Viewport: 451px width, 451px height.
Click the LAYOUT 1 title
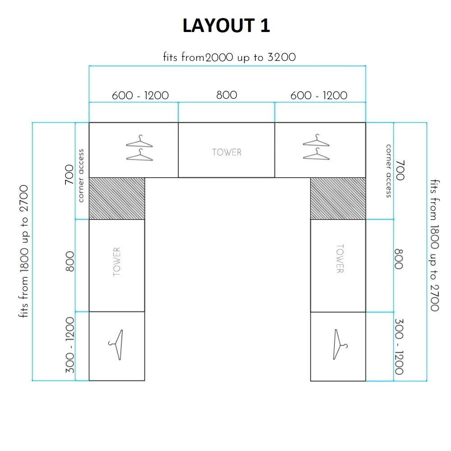[x=226, y=26]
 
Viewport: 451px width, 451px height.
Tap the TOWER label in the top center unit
[x=227, y=152]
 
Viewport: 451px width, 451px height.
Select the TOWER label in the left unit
[x=117, y=262]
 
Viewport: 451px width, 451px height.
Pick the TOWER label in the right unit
[x=340, y=259]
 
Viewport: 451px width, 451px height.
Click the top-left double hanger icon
[x=139, y=148]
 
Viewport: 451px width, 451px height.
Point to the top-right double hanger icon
[x=316, y=147]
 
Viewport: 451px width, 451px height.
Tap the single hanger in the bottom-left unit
[x=116, y=345]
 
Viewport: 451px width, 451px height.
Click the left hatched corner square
[x=117, y=198]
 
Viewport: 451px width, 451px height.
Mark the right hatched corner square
[x=338, y=198]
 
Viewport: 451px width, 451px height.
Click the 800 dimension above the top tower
[x=226, y=95]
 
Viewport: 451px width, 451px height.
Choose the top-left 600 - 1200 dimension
[x=140, y=96]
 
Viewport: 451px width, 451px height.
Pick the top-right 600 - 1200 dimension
[x=319, y=96]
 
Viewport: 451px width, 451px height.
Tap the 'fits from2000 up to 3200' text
[x=229, y=58]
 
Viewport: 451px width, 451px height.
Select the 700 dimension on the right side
[x=400, y=170]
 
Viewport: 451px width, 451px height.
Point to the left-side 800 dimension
[x=70, y=262]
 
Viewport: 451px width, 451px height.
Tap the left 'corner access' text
[x=81, y=176]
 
